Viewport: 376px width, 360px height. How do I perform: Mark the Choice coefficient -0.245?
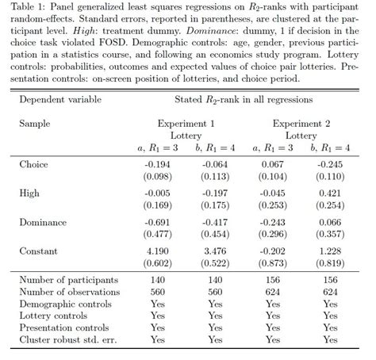click(329, 164)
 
